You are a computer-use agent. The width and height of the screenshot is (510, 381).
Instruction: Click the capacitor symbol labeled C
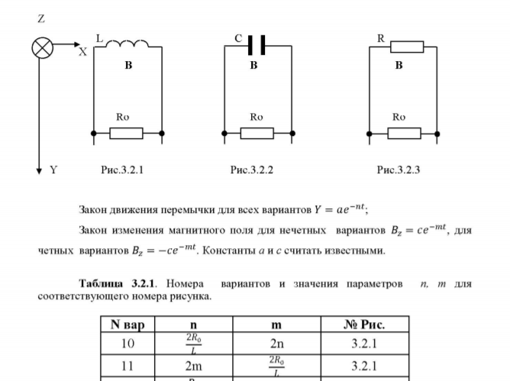click(x=257, y=45)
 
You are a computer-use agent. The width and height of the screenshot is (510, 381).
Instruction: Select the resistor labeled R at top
click(x=406, y=47)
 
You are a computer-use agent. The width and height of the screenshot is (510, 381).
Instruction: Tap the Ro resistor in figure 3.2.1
click(x=126, y=134)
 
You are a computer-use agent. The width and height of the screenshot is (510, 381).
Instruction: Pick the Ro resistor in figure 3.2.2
click(x=257, y=134)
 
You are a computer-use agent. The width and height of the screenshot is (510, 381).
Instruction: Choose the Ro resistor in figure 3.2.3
click(x=404, y=134)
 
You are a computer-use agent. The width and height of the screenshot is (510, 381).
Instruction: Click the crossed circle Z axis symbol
click(x=42, y=48)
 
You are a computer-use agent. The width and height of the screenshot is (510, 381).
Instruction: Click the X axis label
click(x=82, y=52)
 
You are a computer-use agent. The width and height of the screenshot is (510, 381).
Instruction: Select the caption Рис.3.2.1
click(x=122, y=170)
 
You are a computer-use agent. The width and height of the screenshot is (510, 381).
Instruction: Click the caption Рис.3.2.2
click(x=252, y=170)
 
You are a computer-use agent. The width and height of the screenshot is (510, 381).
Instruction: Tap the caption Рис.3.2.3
click(x=398, y=170)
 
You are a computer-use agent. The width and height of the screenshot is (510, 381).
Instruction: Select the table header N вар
click(x=128, y=324)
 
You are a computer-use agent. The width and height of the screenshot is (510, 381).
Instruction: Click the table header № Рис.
click(x=364, y=324)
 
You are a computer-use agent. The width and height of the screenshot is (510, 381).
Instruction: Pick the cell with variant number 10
click(x=128, y=344)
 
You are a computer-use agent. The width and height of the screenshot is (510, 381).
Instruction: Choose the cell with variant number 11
click(x=128, y=366)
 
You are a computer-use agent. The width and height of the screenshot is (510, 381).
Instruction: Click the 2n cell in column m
click(x=276, y=344)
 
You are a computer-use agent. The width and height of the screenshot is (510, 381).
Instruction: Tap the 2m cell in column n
click(x=193, y=366)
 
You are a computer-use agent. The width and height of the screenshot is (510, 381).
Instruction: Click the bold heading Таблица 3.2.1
click(x=119, y=284)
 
